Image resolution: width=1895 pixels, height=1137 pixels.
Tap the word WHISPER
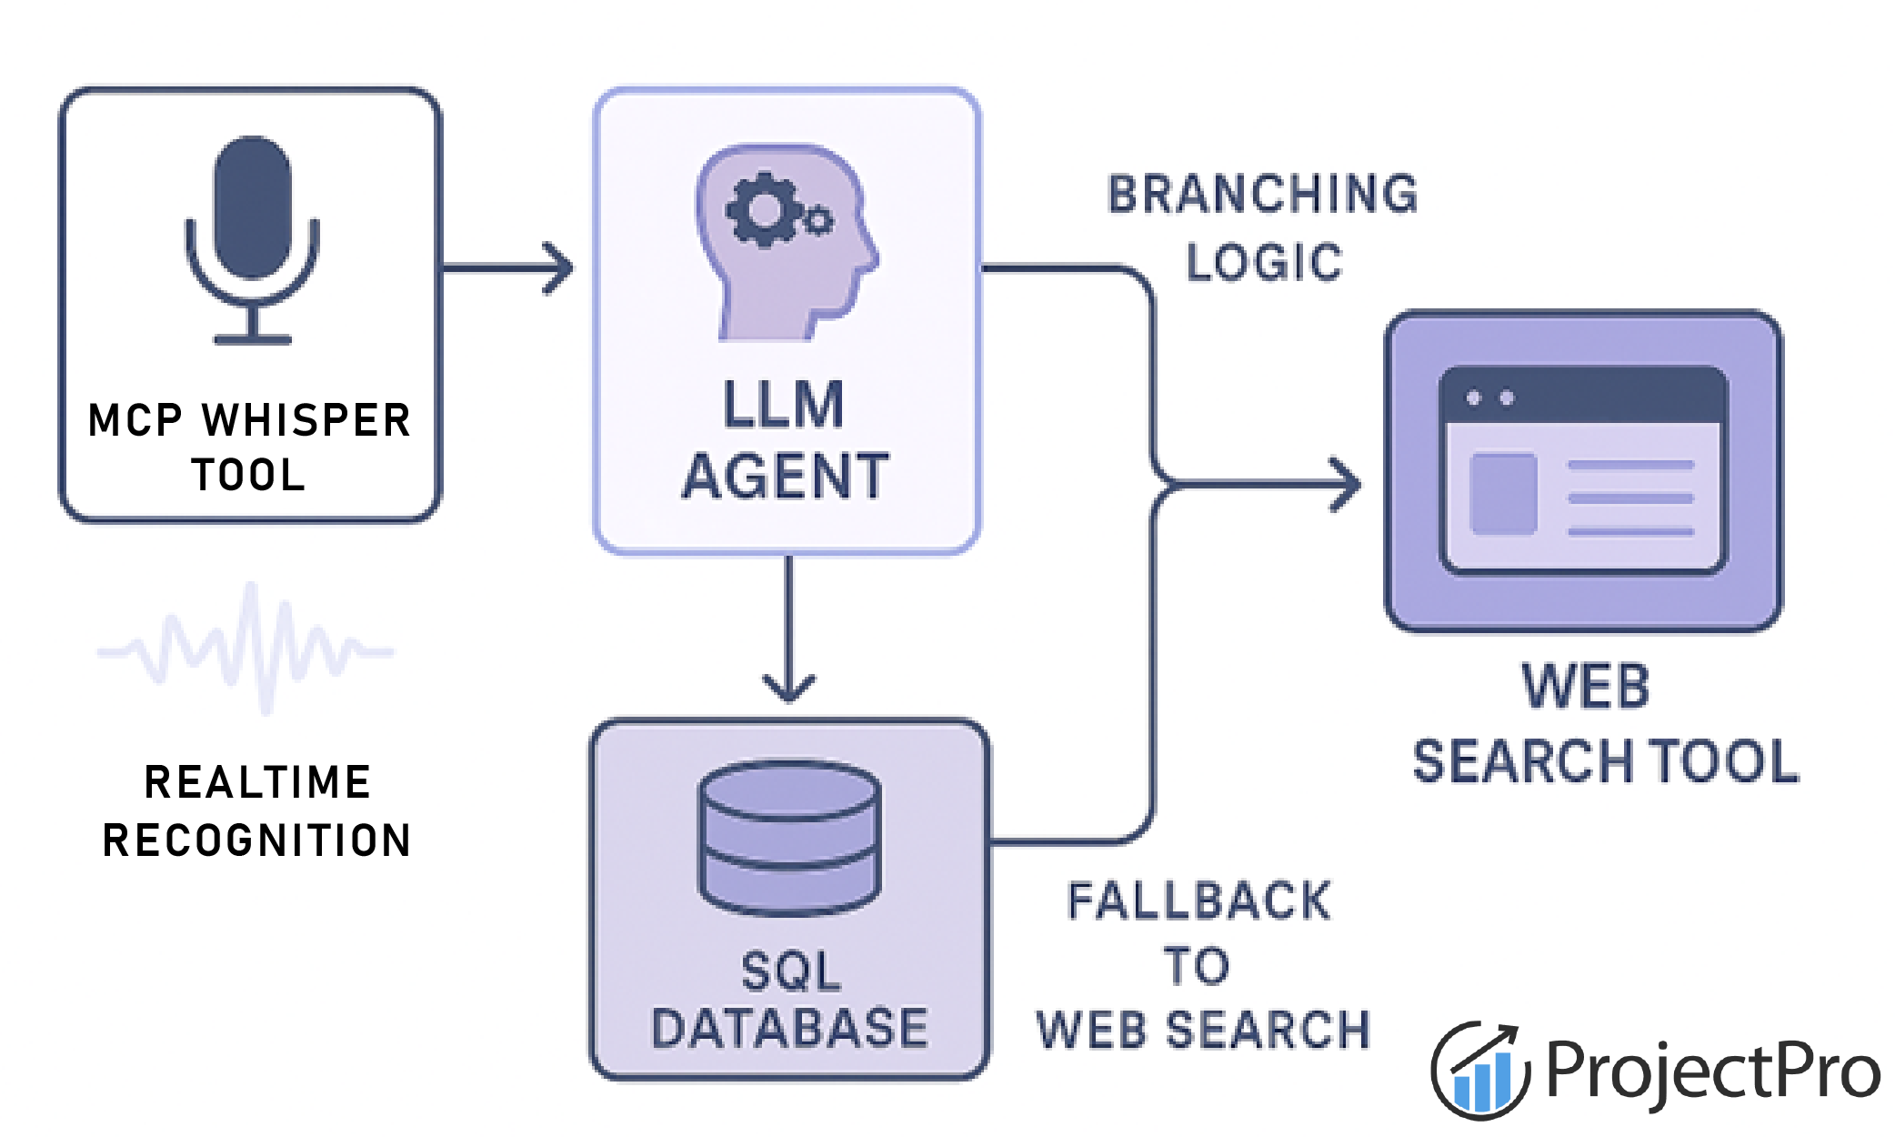(x=306, y=420)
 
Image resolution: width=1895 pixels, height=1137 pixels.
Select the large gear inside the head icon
(x=765, y=210)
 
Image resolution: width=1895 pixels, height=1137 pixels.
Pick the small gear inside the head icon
(x=818, y=220)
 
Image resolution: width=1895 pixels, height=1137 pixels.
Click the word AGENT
(x=786, y=477)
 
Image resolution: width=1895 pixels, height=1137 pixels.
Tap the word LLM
(x=784, y=406)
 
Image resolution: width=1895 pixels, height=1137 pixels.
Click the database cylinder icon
(x=788, y=837)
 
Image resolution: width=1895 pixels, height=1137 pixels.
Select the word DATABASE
(x=789, y=1028)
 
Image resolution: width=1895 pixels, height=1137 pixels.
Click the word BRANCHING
(x=1263, y=195)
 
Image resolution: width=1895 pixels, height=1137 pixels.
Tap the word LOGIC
(x=1264, y=262)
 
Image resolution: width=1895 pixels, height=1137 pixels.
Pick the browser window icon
(x=1583, y=469)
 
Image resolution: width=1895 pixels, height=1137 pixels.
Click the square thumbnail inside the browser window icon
(x=1504, y=493)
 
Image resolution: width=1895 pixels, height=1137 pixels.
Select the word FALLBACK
(x=1199, y=901)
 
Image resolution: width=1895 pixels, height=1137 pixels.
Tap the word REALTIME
(x=258, y=782)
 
